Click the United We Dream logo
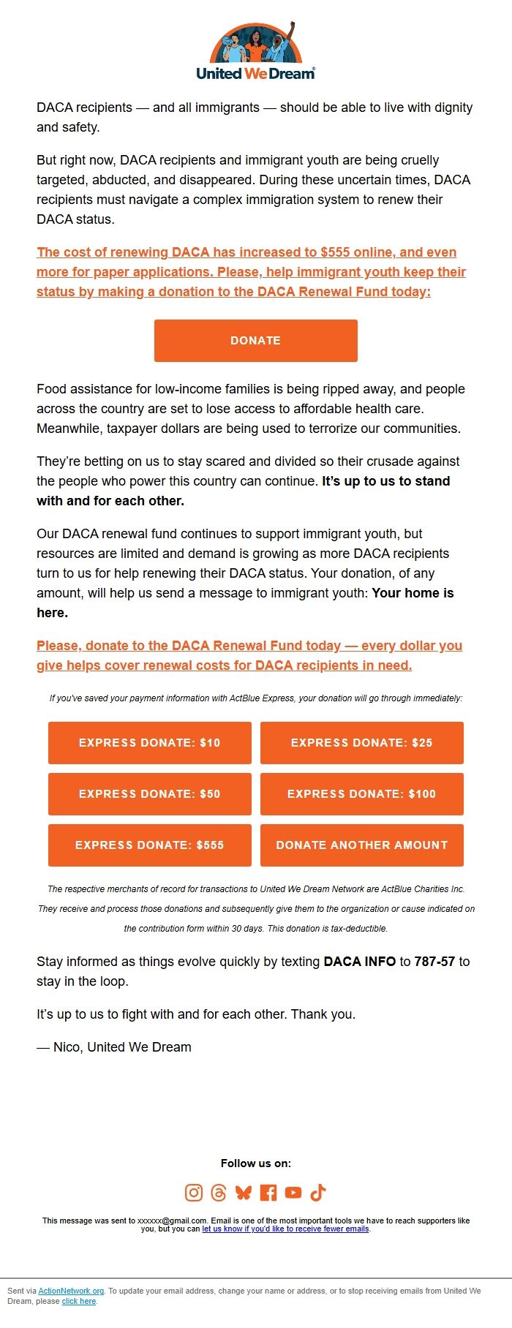coord(255,51)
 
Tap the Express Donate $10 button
coord(150,742)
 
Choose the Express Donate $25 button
coord(361,742)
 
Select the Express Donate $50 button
coord(150,793)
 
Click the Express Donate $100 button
coord(361,793)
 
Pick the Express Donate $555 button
coord(150,845)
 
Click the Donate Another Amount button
coord(361,845)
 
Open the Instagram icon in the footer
coord(194,1193)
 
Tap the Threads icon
coord(219,1193)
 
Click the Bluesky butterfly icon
coord(244,1193)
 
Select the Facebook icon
coord(268,1193)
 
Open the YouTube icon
coord(293,1193)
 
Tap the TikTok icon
coord(318,1193)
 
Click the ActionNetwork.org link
coord(71,1291)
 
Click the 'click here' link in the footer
coord(79,1301)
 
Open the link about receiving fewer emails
coord(285,1229)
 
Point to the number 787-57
coord(434,961)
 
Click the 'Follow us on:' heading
coord(255,1163)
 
